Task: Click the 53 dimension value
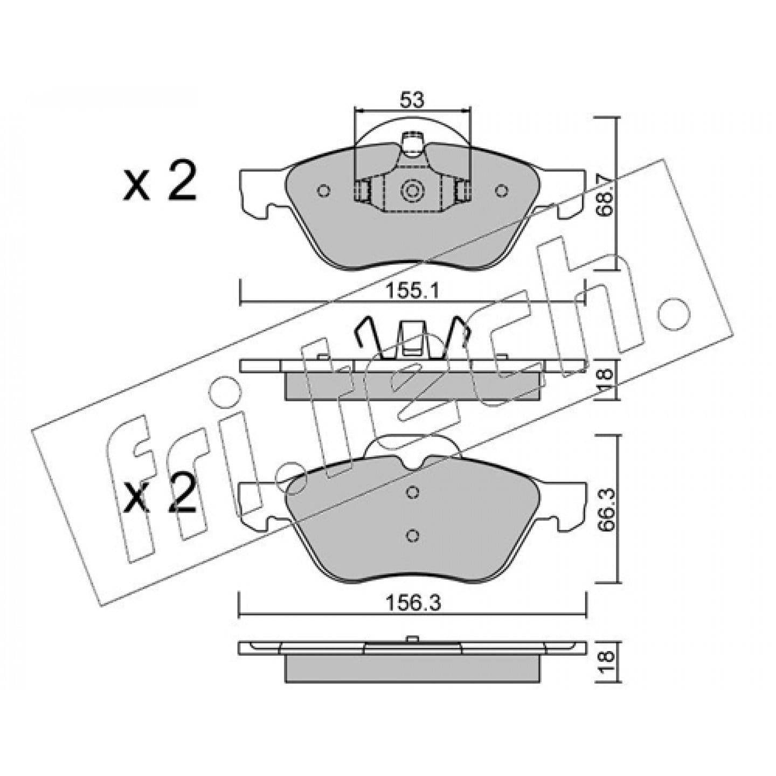coord(412,100)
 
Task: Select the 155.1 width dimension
coord(412,290)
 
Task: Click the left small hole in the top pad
coord(323,190)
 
